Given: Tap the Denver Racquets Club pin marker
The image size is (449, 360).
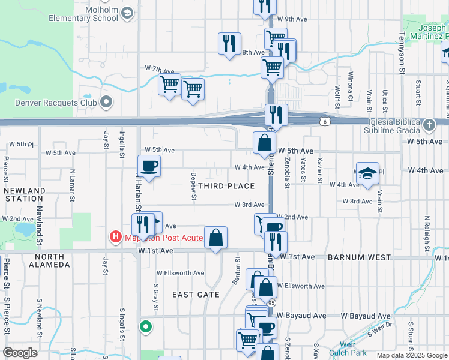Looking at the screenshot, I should tap(106, 102).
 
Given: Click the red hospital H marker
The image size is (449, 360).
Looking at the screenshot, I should tap(115, 238).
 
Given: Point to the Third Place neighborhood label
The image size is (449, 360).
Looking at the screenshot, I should tap(226, 186).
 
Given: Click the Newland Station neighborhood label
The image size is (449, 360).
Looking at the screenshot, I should tap(24, 194).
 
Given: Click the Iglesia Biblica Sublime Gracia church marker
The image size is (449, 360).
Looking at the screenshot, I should tap(429, 125).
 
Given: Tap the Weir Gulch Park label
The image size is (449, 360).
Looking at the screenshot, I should tap(352, 349).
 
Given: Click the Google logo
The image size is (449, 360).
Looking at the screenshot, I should tap(20, 353).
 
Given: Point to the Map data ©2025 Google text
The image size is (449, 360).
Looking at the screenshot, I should tap(412, 355).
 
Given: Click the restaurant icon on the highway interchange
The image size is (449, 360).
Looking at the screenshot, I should tap(276, 114).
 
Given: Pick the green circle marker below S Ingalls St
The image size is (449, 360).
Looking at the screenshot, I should tap(145, 327).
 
